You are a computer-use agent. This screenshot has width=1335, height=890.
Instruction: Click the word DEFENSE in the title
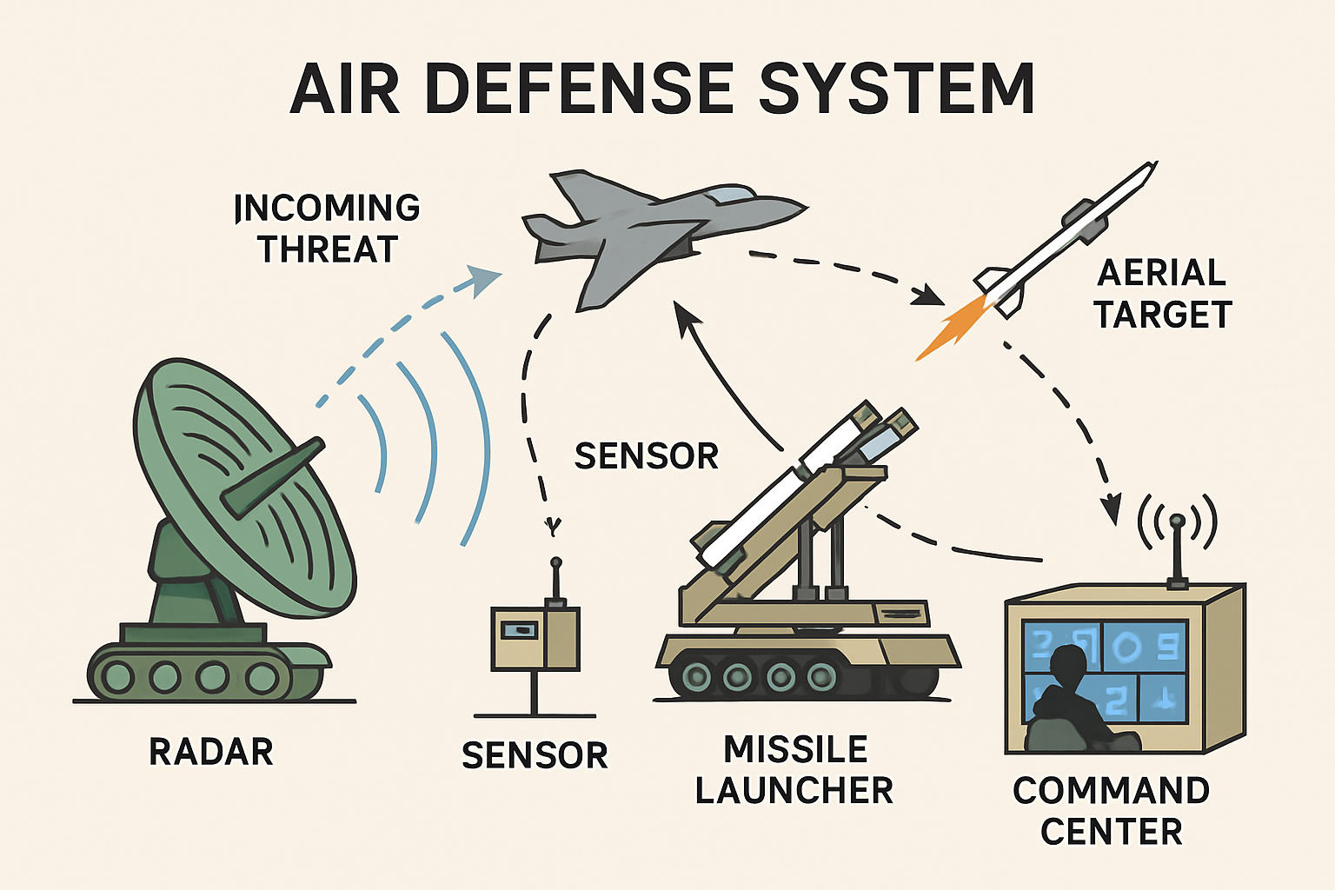pos(578,89)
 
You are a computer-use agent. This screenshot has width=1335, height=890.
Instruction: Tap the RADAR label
pos(211,752)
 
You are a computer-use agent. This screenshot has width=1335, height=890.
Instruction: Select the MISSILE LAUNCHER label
pos(794,769)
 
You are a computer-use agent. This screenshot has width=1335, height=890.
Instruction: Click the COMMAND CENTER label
pos(1112,811)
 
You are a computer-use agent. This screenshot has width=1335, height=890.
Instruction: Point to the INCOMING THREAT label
pos(327,229)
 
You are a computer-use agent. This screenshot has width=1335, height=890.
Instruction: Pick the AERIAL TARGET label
pos(1162,293)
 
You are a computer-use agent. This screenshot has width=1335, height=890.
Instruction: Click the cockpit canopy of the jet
pos(728,194)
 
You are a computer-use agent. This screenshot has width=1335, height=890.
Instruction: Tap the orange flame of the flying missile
pos(952,328)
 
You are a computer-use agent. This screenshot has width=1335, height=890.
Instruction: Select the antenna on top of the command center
pos(1177,551)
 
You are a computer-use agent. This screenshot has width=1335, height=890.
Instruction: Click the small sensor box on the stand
pos(535,639)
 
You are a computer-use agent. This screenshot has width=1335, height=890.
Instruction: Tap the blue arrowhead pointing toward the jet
pos(484,280)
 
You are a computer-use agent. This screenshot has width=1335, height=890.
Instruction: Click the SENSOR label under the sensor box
pos(535,755)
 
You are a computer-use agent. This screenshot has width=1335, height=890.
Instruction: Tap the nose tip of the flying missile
pos(1155,163)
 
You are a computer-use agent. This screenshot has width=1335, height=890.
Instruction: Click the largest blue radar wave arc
pos(474,438)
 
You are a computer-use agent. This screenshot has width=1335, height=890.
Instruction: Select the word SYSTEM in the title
pos(897,89)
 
